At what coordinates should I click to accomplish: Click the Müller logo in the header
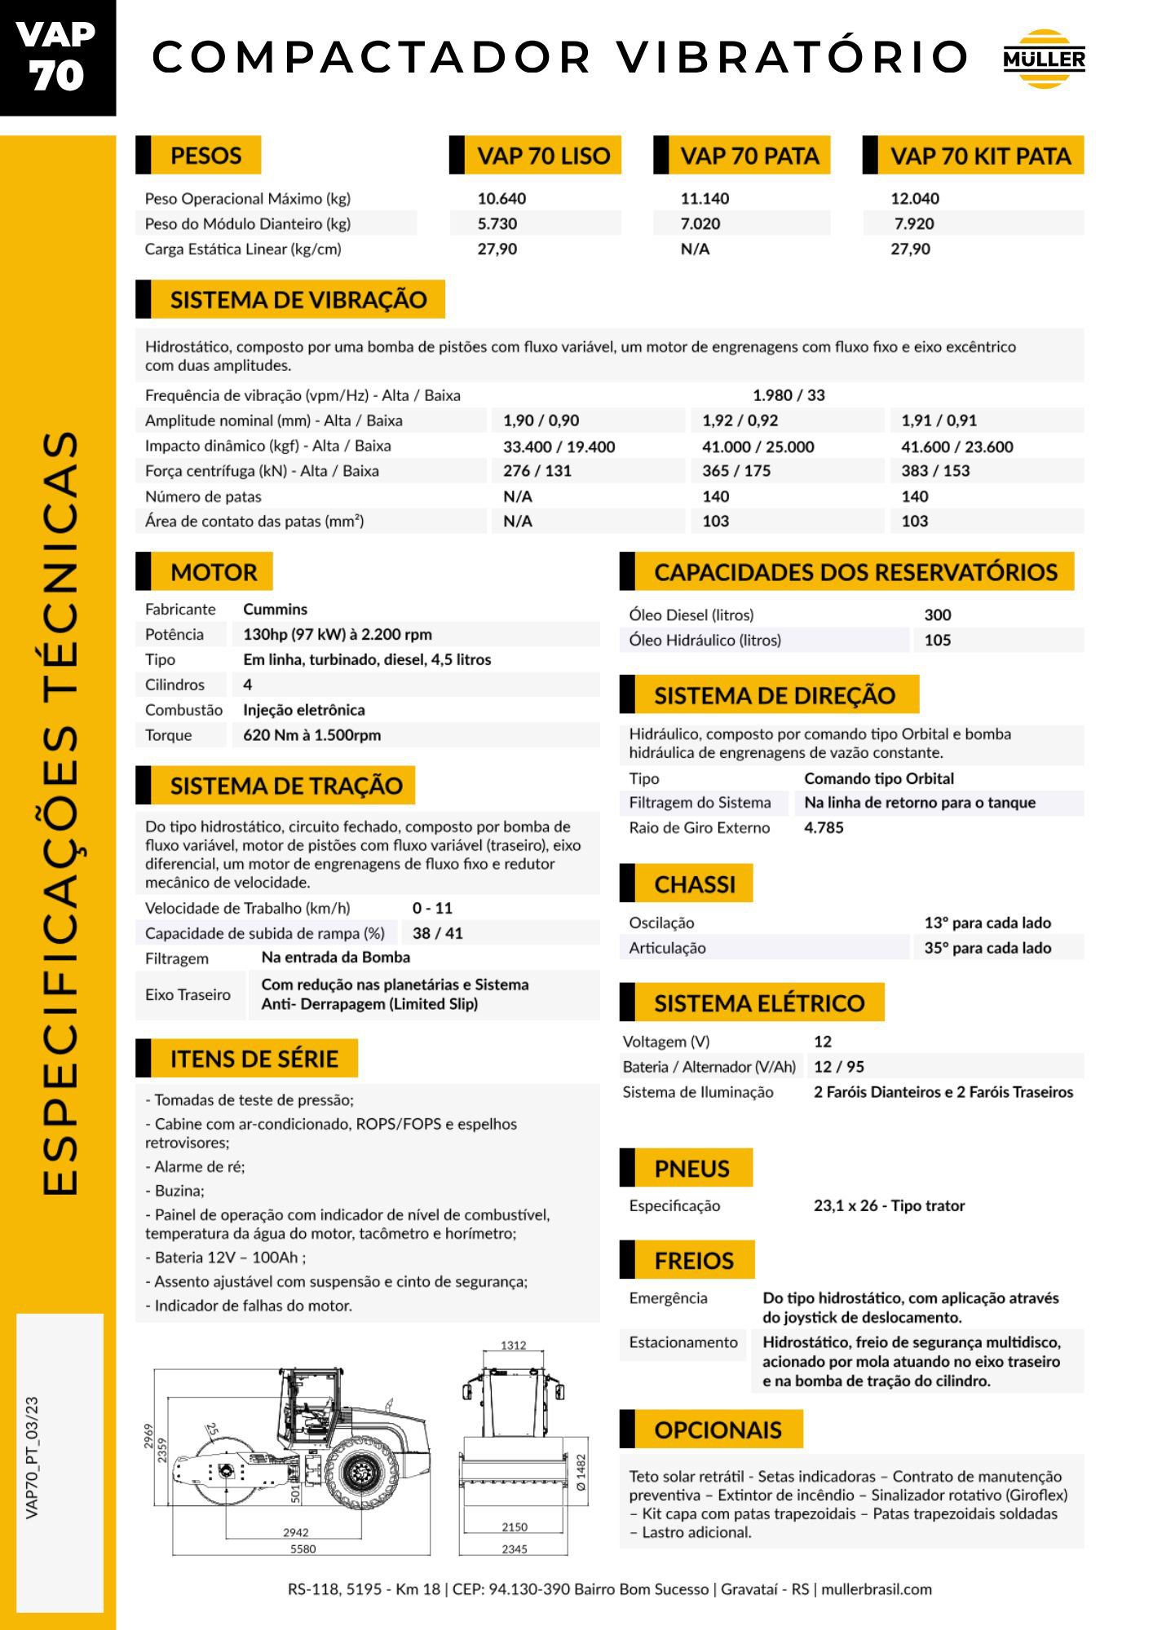[1044, 59]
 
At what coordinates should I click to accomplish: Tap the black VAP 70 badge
[57, 57]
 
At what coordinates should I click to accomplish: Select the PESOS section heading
[205, 156]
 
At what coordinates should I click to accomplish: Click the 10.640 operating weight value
[501, 199]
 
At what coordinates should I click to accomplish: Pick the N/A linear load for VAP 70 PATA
[695, 249]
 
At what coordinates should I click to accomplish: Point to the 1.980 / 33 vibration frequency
[789, 395]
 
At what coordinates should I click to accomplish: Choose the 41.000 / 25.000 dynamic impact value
[758, 447]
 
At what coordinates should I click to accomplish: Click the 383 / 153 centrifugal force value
[935, 471]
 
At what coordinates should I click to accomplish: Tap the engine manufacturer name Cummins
[275, 610]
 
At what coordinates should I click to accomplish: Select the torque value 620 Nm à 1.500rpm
[311, 735]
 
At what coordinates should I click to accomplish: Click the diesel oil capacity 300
[938, 615]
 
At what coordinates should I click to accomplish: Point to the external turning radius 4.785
[824, 828]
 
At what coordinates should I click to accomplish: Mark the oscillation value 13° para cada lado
[987, 923]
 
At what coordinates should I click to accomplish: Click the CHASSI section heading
[694, 884]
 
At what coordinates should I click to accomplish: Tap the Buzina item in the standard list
[179, 1191]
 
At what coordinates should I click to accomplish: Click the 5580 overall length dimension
[303, 1549]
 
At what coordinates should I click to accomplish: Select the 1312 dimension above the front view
[513, 1346]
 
